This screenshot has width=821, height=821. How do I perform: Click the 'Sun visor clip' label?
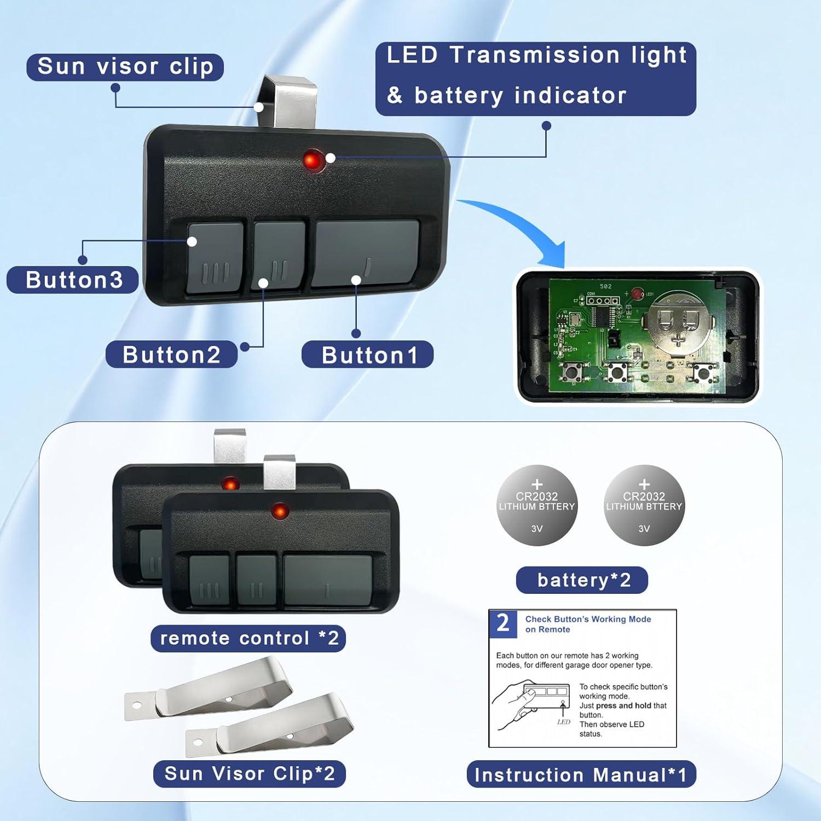(x=125, y=67)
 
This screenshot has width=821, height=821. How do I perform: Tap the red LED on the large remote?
(x=311, y=161)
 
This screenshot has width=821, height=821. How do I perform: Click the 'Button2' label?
(x=171, y=355)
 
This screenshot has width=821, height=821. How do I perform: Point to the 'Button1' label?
(x=368, y=355)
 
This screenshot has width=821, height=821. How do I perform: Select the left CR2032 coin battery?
(x=537, y=505)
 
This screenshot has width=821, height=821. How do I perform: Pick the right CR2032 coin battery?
(x=644, y=505)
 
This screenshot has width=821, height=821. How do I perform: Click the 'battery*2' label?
(x=582, y=580)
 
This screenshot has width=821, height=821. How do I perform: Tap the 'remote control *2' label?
(x=248, y=638)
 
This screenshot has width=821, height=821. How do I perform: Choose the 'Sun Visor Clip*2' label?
(x=249, y=773)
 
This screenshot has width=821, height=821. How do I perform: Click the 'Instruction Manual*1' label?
(x=581, y=774)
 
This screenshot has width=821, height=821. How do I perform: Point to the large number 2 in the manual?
(x=502, y=623)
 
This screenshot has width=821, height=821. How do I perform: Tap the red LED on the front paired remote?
(x=280, y=512)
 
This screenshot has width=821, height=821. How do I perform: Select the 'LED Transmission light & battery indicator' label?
(x=535, y=77)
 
